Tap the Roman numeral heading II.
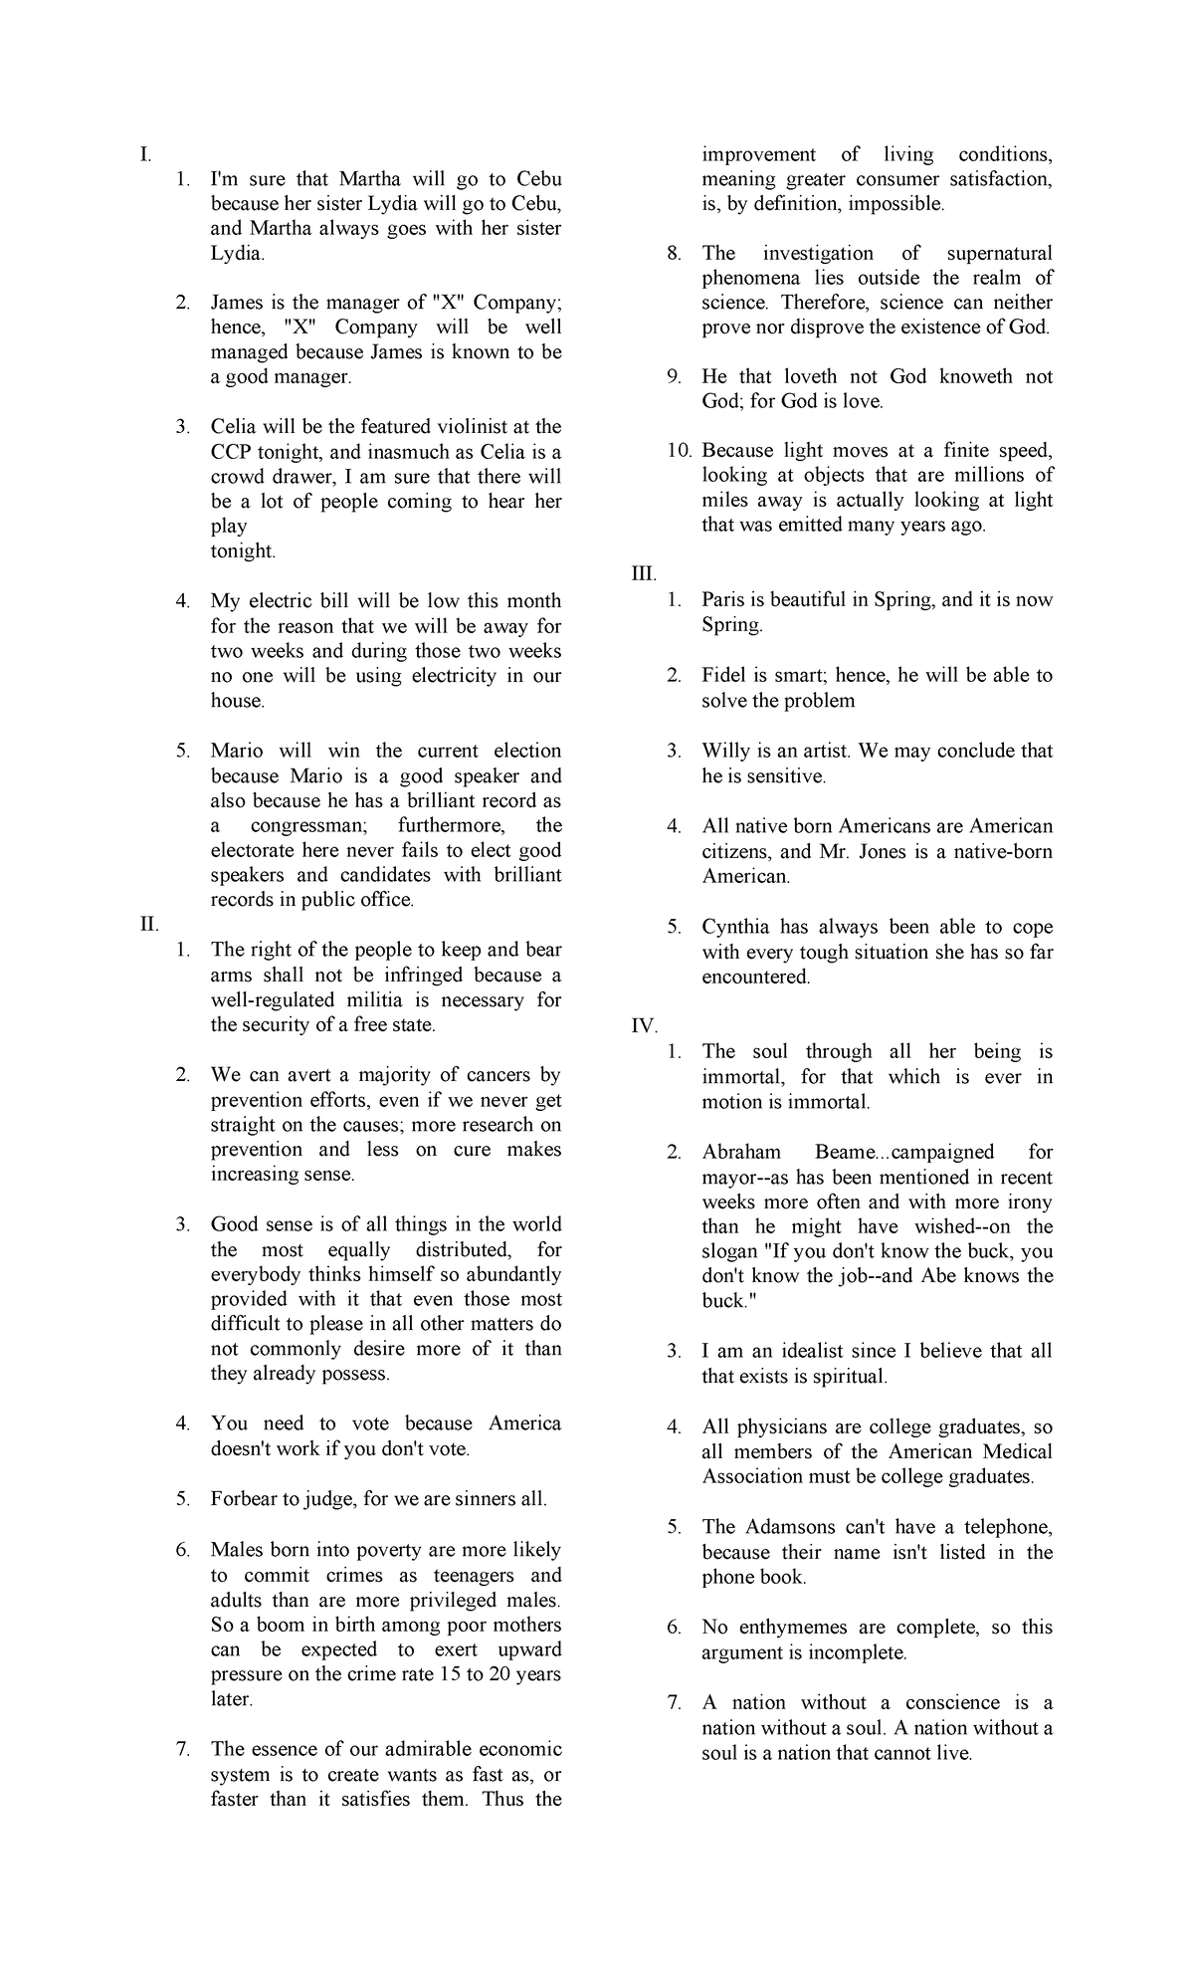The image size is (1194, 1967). (149, 924)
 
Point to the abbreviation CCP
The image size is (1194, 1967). (232, 452)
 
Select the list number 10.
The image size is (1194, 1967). (678, 451)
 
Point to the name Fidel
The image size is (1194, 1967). (723, 675)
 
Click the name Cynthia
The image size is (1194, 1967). (735, 927)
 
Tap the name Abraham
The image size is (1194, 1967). (741, 1152)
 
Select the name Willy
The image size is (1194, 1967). (725, 751)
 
